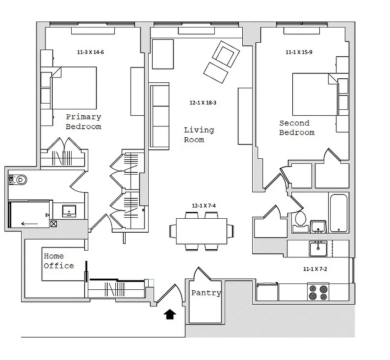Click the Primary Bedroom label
[83, 122]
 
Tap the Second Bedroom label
[296, 128]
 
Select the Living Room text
[199, 135]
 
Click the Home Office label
[59, 261]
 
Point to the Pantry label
[206, 293]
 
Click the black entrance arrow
[169, 314]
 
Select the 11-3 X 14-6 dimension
[90, 52]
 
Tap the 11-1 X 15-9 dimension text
[299, 52]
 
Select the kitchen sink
[317, 248]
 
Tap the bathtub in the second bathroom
[339, 213]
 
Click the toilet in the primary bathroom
[18, 180]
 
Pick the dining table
[201, 230]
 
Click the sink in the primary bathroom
[69, 211]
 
